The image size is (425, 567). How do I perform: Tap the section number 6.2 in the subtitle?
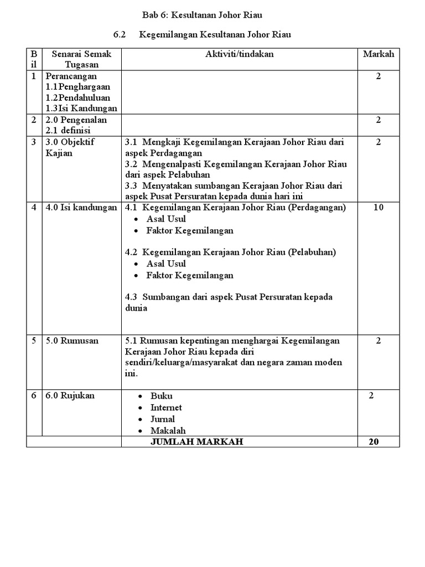120,35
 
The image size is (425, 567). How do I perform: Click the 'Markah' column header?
379,54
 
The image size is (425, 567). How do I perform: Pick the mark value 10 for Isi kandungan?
379,208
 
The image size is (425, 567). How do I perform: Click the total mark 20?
379,441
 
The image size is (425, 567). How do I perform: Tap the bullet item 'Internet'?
166,408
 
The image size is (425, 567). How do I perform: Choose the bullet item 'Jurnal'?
163,419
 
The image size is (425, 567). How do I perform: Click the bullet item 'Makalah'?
168,430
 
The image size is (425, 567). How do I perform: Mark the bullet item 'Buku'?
161,396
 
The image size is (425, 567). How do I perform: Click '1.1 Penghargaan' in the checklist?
78,87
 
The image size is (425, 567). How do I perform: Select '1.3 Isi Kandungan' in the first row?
81,109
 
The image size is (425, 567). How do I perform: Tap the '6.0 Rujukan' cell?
70,395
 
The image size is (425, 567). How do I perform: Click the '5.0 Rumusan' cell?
72,341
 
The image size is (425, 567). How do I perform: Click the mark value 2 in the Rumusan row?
379,341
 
